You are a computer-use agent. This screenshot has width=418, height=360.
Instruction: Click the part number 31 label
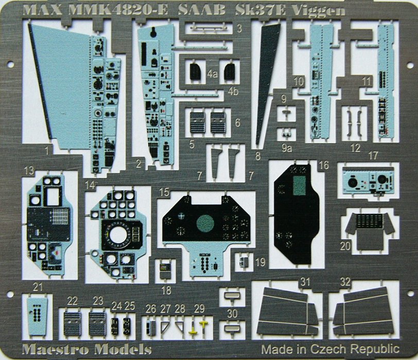[x=305, y=282]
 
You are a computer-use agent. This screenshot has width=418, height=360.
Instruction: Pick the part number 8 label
[x=258, y=154]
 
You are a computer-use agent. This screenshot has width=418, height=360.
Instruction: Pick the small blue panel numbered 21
[x=38, y=313]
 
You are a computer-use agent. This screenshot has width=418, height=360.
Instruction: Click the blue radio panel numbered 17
[x=367, y=179]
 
